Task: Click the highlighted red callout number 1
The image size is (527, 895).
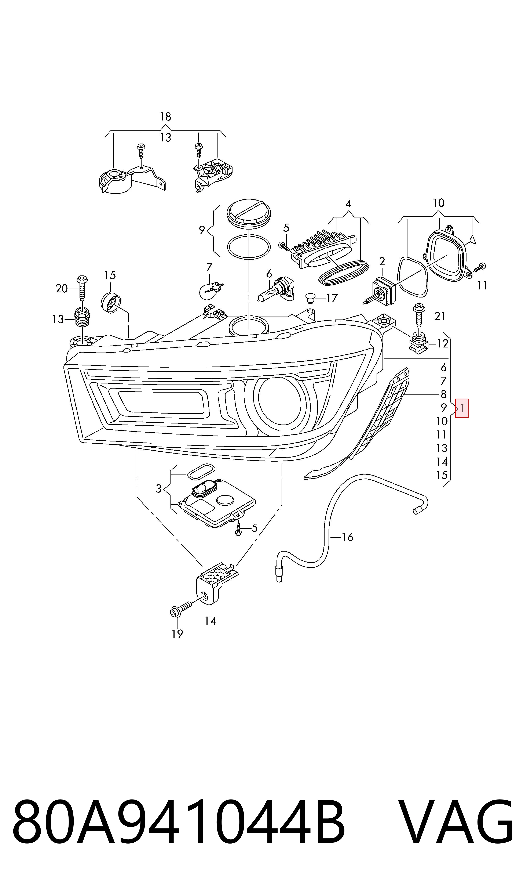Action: point(462,408)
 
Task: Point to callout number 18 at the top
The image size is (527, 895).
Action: point(165,116)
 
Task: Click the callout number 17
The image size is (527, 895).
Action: point(332,298)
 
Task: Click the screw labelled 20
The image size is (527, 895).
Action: point(82,288)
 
